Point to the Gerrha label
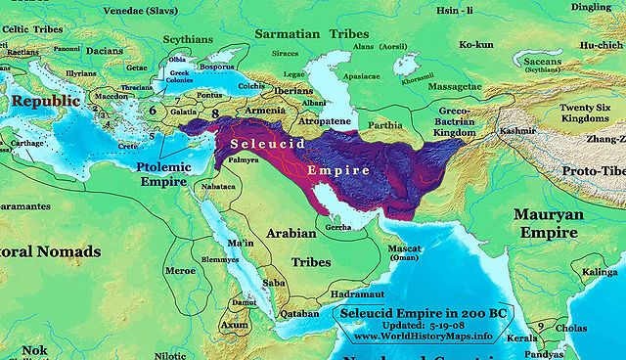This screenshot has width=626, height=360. point(339,227)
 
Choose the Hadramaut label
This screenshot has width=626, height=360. point(359,292)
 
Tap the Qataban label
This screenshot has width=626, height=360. point(299,313)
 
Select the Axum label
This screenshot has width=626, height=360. point(234,324)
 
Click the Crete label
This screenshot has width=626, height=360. point(127,146)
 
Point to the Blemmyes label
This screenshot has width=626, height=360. point(221,259)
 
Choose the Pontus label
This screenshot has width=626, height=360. point(209,95)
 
